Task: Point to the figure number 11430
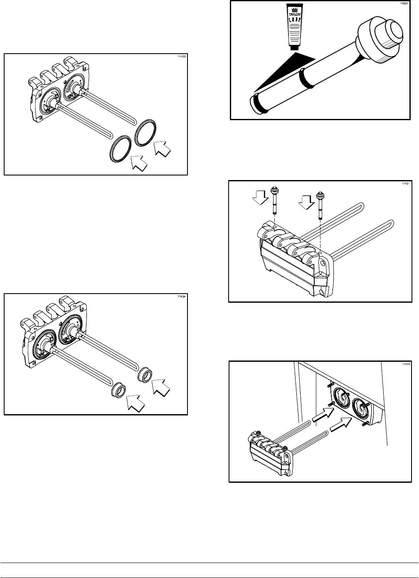[182, 56]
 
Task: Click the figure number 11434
[182, 297]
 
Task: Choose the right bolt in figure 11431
[320, 203]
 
